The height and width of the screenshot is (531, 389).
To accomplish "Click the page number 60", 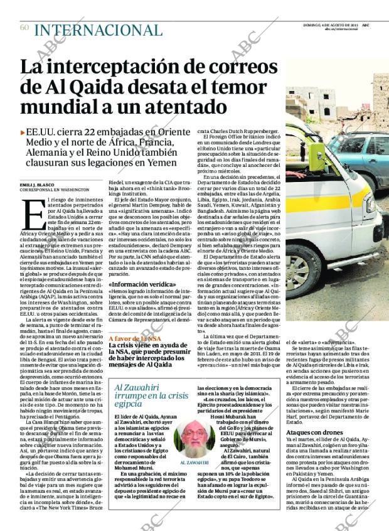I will [24, 27].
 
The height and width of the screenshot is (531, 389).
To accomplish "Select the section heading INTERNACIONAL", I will [97, 29].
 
